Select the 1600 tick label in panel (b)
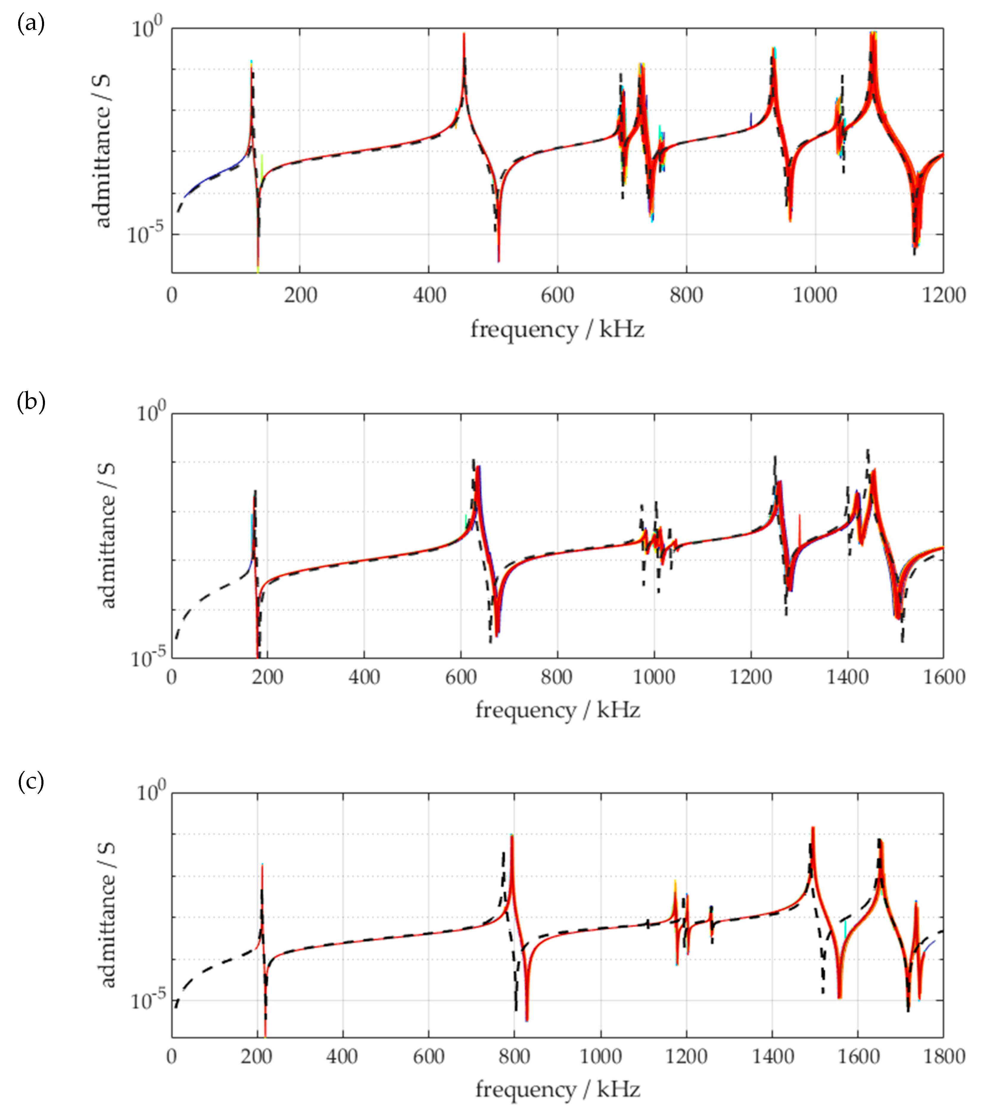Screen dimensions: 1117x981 click(943, 677)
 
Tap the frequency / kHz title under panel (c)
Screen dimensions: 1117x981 click(557, 1089)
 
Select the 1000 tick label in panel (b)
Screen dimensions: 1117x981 click(654, 677)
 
